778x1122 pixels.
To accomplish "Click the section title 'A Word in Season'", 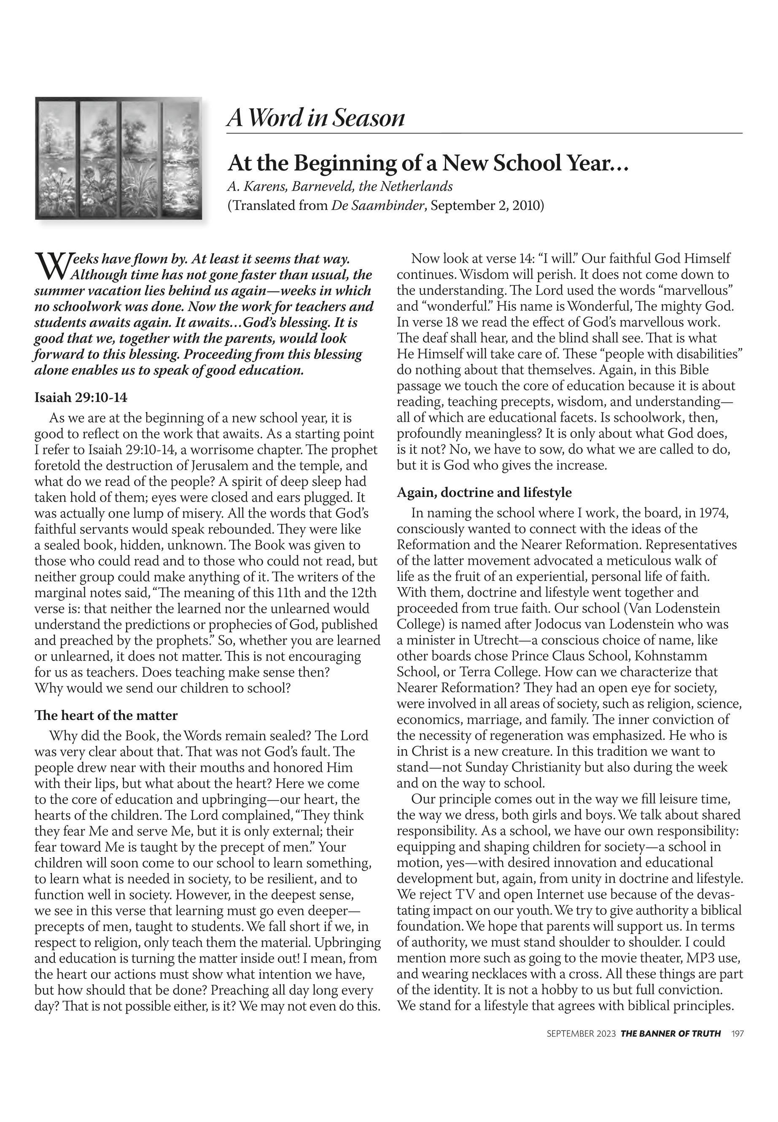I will [316, 118].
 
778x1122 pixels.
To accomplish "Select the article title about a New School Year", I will [428, 163].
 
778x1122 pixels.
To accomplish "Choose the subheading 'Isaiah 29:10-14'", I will [81, 397].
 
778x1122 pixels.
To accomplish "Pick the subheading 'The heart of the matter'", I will [106, 715].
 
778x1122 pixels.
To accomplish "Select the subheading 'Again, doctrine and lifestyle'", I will [484, 493].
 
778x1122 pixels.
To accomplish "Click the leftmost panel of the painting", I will [57, 158].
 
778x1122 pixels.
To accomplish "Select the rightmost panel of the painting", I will [181, 158].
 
